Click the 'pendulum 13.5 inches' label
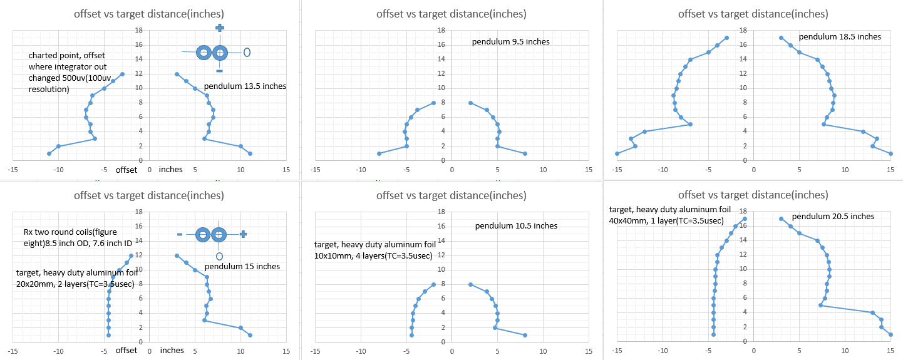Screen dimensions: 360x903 point(245,86)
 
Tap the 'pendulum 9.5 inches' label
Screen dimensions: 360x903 point(510,42)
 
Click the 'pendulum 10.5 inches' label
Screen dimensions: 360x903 point(516,226)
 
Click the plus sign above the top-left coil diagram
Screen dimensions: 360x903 point(219,28)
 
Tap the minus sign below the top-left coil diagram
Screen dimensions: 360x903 point(219,71)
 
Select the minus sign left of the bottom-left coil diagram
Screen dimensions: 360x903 point(180,234)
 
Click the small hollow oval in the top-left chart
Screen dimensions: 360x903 point(247,52)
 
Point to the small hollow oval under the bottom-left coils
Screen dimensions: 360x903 point(219,256)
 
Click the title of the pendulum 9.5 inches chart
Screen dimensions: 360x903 point(451,14)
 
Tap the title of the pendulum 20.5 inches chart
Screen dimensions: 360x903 point(753,195)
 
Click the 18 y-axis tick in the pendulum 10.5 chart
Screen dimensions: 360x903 point(441,212)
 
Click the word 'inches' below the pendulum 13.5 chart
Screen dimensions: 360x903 point(171,170)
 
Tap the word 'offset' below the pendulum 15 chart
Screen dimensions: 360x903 point(126,351)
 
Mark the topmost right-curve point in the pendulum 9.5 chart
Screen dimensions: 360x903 point(470,103)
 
